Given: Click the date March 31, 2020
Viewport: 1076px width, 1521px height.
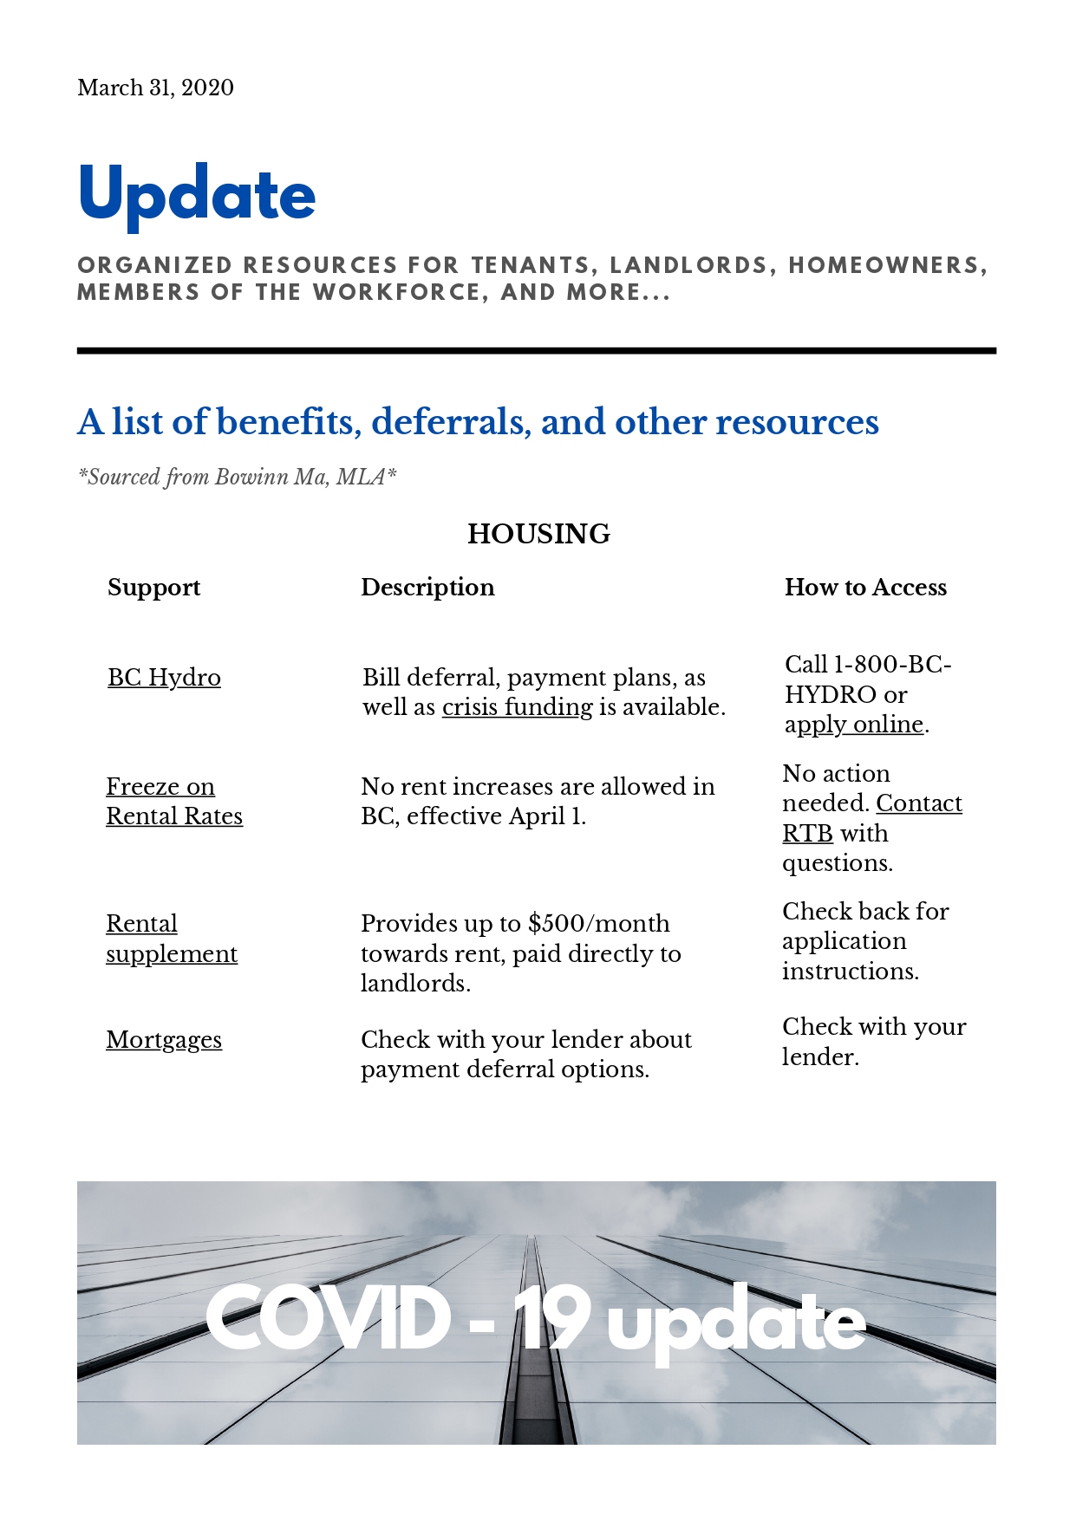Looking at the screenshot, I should (155, 88).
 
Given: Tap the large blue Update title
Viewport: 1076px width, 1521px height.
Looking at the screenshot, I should (197, 195).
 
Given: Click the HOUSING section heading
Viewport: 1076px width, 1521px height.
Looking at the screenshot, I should (538, 534).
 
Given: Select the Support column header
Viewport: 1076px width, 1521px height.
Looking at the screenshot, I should (153, 588).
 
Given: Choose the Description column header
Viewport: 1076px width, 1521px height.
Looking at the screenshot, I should (427, 588).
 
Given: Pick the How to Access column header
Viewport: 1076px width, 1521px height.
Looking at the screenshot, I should (865, 588).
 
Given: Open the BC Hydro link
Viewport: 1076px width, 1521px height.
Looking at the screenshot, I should (164, 677).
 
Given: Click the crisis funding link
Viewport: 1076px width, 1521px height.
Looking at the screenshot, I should (517, 707).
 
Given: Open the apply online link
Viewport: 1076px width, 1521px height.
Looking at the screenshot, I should (853, 725).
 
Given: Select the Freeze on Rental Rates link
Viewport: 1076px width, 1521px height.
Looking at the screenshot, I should (173, 802).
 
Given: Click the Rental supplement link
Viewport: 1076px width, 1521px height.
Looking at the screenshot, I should (171, 939).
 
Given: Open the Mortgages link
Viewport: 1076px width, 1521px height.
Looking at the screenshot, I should (164, 1039).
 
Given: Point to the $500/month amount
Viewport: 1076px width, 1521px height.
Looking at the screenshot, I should (598, 924).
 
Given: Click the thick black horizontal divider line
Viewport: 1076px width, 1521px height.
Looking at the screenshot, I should (536, 351).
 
